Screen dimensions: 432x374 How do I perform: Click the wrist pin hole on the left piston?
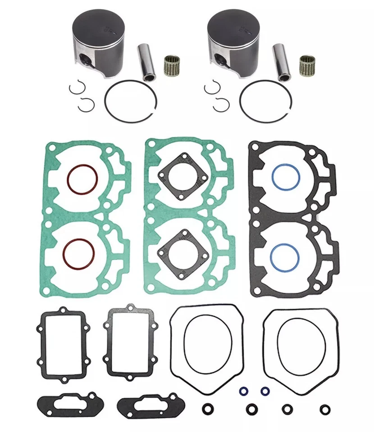tap(84, 58)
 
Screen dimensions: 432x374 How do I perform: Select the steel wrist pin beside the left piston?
tap(147, 62)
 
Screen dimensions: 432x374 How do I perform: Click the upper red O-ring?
tap(82, 179)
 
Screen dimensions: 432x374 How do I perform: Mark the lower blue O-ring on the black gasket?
tap(285, 255)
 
